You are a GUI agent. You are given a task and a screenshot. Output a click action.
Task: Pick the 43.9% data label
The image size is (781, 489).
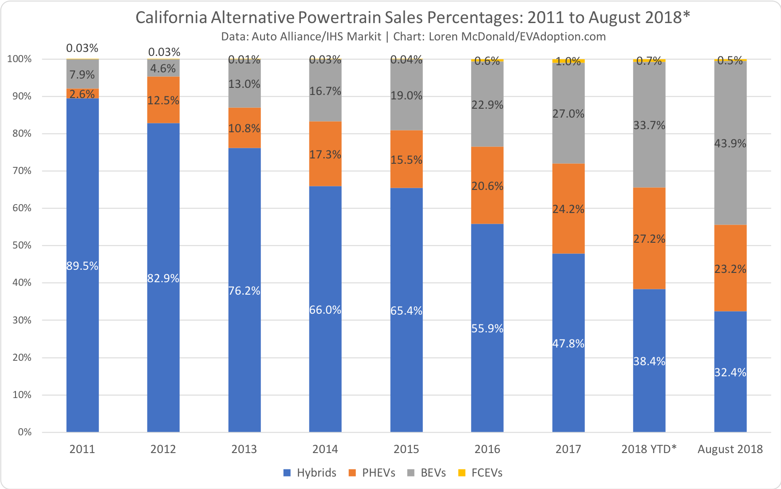[730, 143]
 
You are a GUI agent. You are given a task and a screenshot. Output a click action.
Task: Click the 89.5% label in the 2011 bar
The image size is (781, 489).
[82, 266]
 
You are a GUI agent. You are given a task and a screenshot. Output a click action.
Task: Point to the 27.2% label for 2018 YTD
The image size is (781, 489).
[649, 239]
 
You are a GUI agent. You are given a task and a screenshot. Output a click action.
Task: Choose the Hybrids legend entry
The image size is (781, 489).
[310, 473]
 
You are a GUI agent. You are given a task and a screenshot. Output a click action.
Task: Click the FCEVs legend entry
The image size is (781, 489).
[480, 473]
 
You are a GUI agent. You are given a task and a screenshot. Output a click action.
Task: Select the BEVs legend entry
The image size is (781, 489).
[426, 473]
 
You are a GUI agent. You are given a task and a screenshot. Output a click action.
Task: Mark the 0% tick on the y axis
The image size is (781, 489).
[24, 432]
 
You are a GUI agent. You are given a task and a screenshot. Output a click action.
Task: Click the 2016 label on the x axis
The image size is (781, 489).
[487, 449]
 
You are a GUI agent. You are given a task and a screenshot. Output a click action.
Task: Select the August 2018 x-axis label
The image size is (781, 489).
[730, 449]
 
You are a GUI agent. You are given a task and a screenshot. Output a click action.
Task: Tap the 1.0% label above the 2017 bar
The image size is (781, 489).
[568, 62]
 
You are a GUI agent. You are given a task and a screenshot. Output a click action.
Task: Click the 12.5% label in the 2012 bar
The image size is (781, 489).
[163, 101]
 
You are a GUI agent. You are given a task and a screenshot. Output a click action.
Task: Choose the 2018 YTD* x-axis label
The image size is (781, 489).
[649, 449]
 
